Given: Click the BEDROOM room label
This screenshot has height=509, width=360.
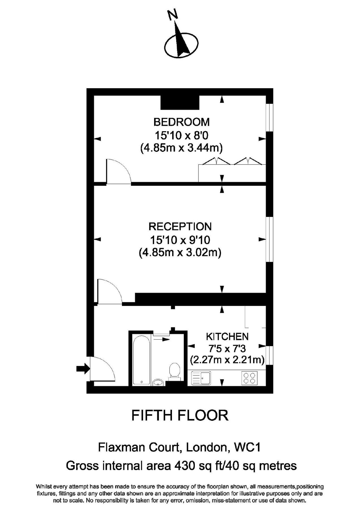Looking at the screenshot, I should (181, 122).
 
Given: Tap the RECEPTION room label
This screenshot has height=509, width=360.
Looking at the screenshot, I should (180, 227).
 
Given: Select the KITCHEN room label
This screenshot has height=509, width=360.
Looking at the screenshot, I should (227, 337).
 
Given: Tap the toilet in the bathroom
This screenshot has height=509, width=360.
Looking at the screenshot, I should (174, 370).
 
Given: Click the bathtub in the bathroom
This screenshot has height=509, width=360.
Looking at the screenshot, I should (141, 359).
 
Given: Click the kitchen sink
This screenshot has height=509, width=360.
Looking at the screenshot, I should (201, 378).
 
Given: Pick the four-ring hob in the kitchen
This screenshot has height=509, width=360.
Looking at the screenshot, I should (249, 378).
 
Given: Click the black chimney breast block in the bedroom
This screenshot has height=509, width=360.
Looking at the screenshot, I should (180, 102).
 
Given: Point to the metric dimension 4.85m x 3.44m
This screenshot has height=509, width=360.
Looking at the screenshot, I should (181, 148).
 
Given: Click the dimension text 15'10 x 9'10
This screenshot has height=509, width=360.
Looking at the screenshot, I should (180, 240).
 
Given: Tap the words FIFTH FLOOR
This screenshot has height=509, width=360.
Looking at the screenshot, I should (180, 415).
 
